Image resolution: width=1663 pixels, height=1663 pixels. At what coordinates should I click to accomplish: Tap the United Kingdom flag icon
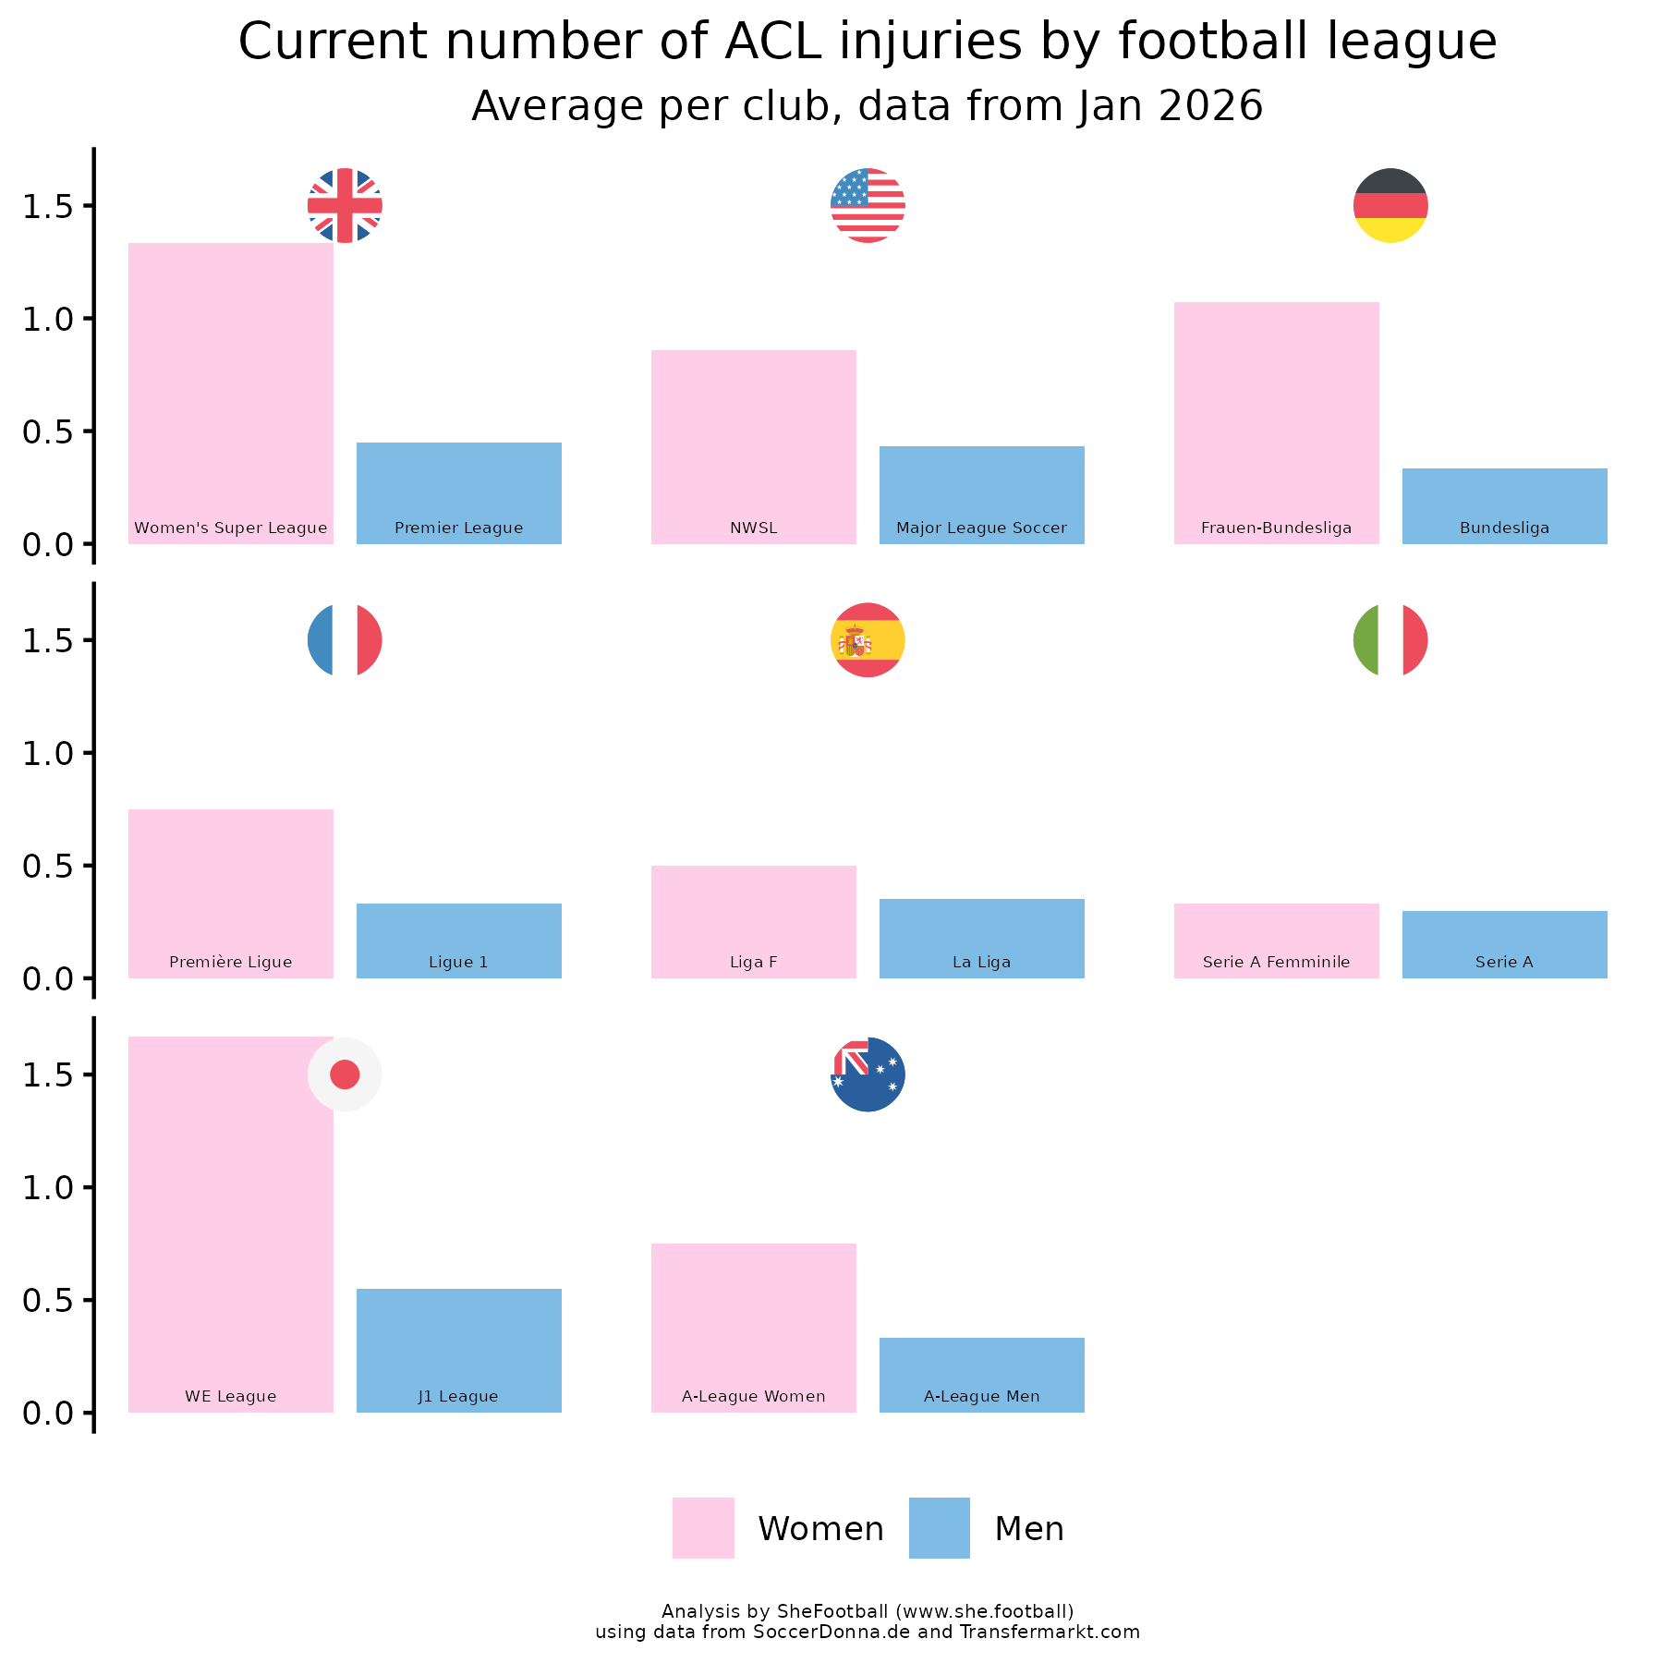(345, 205)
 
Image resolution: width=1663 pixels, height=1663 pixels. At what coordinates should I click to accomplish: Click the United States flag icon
(868, 205)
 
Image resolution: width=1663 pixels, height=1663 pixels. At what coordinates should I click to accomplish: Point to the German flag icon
(1390, 205)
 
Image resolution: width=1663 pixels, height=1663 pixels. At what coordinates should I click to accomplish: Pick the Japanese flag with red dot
(345, 1074)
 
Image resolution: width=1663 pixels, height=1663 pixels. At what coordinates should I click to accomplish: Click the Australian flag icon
(868, 1074)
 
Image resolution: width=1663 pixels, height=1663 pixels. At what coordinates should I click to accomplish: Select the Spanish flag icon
(868, 640)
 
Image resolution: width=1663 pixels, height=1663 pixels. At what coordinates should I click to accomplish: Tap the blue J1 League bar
(458, 1349)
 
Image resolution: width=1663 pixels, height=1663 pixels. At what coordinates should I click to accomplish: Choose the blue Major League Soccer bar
(981, 494)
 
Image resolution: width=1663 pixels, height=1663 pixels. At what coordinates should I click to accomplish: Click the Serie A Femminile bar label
(1276, 962)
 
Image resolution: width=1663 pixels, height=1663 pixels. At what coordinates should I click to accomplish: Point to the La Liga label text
(981, 962)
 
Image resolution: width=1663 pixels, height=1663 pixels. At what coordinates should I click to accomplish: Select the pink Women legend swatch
(703, 1528)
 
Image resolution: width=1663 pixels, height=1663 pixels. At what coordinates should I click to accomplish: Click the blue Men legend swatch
(939, 1528)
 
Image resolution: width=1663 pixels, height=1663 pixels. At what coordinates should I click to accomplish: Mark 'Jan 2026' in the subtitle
(1169, 106)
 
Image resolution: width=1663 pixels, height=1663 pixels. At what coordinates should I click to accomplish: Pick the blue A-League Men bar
(981, 1374)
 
